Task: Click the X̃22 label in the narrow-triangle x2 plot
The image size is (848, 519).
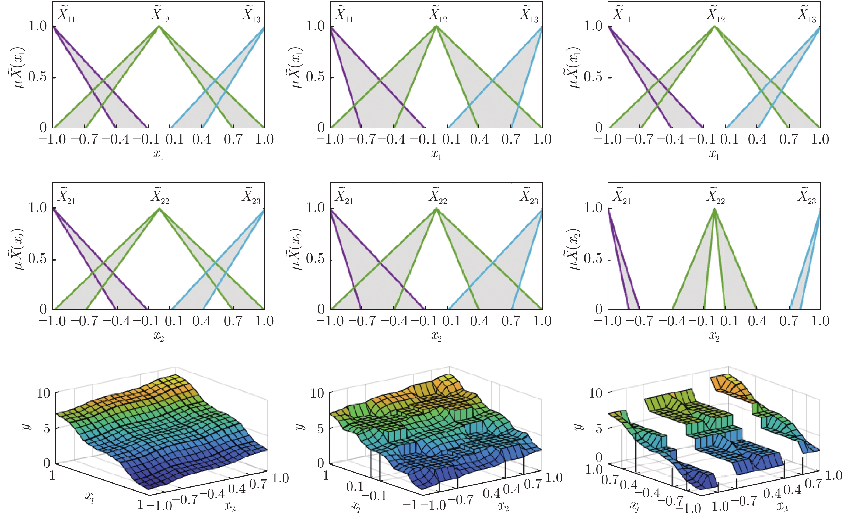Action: (716, 196)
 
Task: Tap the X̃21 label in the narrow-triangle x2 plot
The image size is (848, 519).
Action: (622, 196)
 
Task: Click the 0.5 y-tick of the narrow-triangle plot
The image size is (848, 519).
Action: (593, 259)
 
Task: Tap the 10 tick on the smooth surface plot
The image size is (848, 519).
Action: (44, 393)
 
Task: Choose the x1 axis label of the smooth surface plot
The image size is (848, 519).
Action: (89, 497)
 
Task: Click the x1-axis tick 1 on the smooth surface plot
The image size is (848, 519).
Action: (52, 475)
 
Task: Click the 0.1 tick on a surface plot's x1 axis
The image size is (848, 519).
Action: (355, 486)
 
